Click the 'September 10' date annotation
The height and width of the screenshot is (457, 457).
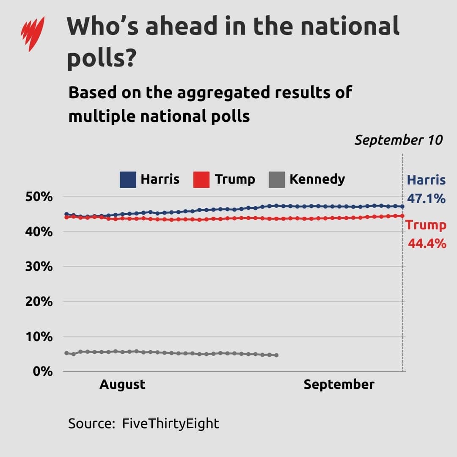click(398, 140)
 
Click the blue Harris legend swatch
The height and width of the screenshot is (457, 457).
click(128, 179)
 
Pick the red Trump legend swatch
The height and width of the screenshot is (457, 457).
click(201, 179)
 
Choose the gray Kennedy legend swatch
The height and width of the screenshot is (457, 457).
click(276, 179)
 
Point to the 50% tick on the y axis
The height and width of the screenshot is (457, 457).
click(41, 197)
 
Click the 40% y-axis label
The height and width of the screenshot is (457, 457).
click(41, 232)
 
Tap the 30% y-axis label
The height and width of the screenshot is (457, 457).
click(41, 267)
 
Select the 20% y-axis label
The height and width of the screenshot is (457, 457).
click(41, 302)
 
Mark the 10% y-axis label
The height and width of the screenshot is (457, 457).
click(41, 337)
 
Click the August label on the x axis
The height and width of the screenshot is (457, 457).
click(122, 384)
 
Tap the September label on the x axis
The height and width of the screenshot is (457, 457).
click(339, 384)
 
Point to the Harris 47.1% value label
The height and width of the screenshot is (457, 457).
click(426, 189)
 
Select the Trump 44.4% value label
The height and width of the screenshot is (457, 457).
click(426, 234)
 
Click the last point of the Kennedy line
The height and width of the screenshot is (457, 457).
click(276, 355)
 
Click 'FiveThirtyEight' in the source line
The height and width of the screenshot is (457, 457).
click(171, 423)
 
